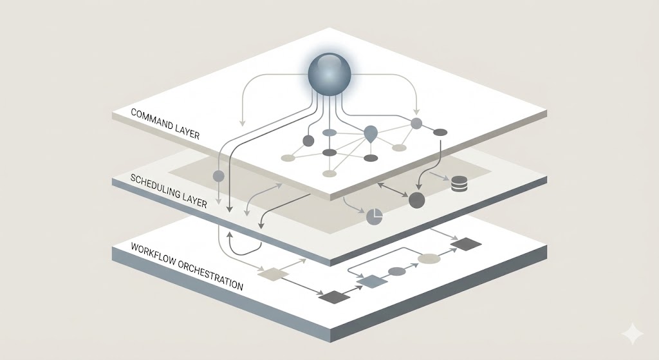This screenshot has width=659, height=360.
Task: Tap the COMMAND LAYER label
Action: tap(165, 124)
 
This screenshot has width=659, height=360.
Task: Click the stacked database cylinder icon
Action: tap(459, 184)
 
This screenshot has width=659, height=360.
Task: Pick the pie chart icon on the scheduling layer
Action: tap(375, 217)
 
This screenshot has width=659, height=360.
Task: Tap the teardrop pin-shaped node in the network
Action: tap(371, 134)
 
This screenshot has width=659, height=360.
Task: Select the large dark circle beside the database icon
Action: tap(417, 200)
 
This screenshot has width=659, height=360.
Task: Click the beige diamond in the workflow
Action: tap(272, 274)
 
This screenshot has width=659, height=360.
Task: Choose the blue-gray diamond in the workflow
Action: tap(370, 281)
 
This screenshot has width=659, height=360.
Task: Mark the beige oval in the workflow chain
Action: tap(429, 258)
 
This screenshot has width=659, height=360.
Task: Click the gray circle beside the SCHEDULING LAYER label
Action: tap(218, 175)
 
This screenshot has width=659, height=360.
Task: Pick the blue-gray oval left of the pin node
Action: tap(329, 133)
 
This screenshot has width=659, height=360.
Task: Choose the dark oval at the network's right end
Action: tap(440, 133)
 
